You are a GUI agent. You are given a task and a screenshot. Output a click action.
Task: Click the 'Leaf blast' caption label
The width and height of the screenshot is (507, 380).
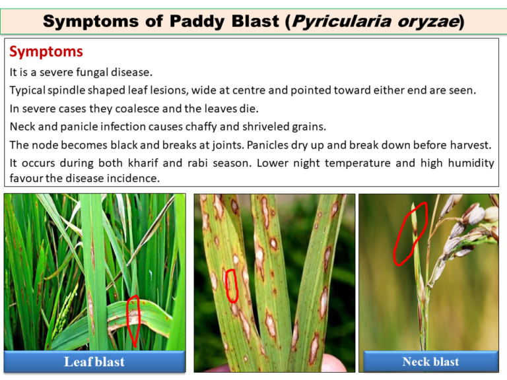pos(94,362)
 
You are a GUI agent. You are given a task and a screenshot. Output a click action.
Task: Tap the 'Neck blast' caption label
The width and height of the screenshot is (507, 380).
pos(430,362)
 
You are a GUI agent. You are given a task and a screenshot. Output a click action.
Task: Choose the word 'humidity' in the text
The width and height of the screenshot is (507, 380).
pos(470,162)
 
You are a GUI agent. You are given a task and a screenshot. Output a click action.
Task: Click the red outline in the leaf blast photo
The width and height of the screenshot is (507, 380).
pos(133,321)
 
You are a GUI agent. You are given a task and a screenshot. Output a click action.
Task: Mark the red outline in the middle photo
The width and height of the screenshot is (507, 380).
pos(231,284)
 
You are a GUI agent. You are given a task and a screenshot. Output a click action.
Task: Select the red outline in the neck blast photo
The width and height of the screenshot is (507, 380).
pos(411,232)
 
